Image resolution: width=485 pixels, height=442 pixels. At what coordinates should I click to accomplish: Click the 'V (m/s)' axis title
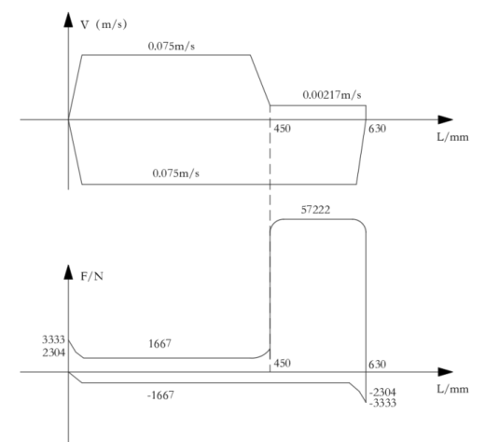(x=104, y=24)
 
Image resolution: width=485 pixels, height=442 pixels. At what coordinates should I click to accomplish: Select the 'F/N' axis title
(x=91, y=276)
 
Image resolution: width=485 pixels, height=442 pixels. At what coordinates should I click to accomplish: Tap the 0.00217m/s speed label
(x=332, y=95)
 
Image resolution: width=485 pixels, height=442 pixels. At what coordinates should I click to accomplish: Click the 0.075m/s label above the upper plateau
(x=172, y=47)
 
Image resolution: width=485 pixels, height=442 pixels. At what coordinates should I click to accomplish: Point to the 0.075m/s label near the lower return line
(x=175, y=173)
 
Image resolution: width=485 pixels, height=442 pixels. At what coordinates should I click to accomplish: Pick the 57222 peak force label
(x=315, y=210)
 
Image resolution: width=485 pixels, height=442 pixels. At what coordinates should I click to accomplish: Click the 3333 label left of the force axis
(x=53, y=339)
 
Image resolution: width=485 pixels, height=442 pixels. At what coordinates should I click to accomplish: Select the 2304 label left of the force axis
(x=53, y=352)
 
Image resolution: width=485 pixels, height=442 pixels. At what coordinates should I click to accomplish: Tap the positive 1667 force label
(x=159, y=343)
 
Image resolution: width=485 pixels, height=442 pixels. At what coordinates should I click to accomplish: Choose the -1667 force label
(x=160, y=395)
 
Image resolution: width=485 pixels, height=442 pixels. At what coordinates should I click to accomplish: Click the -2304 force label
(x=382, y=393)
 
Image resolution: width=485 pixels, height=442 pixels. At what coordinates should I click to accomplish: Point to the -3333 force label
(x=382, y=403)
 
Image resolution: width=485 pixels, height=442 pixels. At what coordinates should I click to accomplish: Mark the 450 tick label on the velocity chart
(x=283, y=129)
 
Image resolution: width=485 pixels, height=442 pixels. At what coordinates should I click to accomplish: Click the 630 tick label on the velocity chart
(x=377, y=129)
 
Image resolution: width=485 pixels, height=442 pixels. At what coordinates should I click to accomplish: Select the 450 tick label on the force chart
(x=283, y=363)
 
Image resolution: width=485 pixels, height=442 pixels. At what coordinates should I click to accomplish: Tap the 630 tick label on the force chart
(x=377, y=364)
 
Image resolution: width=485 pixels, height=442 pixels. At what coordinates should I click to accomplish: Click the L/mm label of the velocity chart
(x=452, y=137)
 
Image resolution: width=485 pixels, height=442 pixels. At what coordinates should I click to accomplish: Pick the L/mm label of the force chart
(x=452, y=389)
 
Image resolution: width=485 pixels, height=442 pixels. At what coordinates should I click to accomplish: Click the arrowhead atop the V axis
(x=68, y=20)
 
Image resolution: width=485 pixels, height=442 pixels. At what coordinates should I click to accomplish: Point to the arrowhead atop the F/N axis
(x=68, y=272)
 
